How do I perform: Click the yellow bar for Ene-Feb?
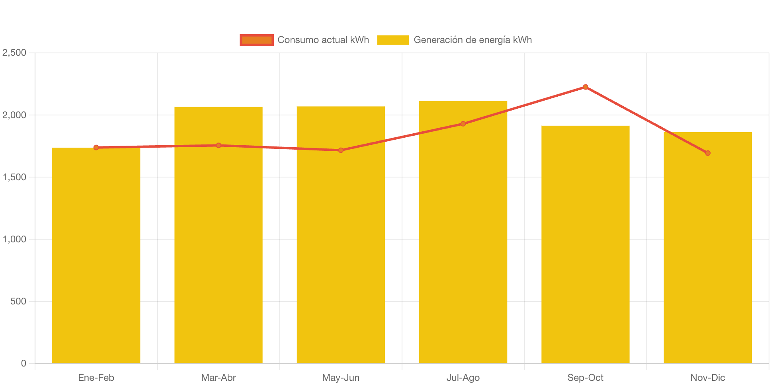(96, 255)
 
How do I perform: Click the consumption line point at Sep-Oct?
(585, 87)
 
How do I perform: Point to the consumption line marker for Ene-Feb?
(96, 147)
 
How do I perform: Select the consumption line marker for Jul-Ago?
(463, 124)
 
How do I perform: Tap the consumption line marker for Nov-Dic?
(707, 153)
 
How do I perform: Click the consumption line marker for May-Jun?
(341, 150)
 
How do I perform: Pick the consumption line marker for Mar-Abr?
(219, 145)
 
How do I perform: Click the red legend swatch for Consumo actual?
(257, 40)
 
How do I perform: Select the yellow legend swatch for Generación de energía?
(393, 40)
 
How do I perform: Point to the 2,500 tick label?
(14, 53)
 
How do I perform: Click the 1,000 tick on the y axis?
(14, 239)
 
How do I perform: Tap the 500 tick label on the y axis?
(18, 301)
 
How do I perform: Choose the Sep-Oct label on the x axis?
(585, 377)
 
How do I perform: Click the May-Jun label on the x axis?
(341, 377)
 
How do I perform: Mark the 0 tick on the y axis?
(23, 363)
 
